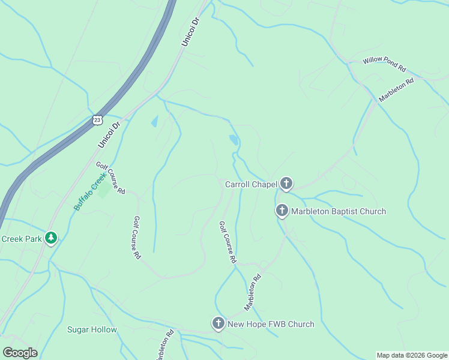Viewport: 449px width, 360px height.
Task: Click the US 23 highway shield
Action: click(98, 120)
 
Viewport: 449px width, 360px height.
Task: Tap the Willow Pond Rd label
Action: click(385, 64)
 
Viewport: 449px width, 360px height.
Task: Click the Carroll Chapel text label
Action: click(250, 184)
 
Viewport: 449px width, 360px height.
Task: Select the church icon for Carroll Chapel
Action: click(286, 184)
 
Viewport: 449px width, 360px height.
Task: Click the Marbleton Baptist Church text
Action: click(339, 211)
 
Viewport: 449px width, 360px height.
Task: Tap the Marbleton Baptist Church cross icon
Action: click(282, 211)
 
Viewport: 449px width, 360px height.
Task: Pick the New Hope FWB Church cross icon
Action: click(218, 324)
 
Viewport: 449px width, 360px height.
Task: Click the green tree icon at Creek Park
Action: click(51, 239)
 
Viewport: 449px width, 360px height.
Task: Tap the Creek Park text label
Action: click(22, 239)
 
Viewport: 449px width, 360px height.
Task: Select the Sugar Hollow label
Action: click(92, 329)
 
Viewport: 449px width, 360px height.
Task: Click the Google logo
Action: click(20, 353)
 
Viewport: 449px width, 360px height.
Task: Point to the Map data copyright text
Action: click(412, 355)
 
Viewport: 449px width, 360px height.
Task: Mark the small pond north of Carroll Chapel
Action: click(233, 140)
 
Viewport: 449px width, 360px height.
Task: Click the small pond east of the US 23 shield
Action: click(155, 122)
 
